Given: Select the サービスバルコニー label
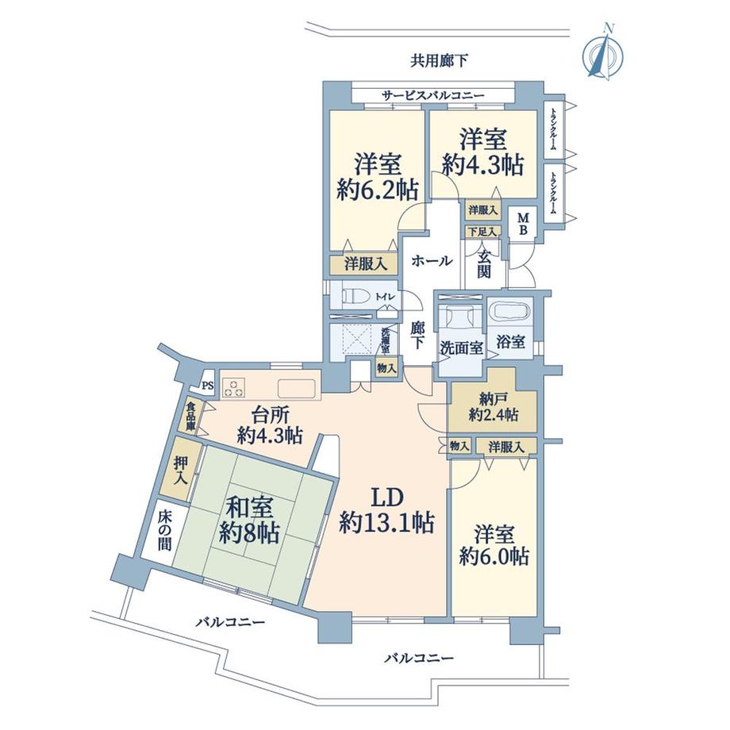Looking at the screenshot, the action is [432, 96].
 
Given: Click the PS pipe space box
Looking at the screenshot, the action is [207, 386].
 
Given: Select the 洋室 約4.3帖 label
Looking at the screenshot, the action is [482, 152].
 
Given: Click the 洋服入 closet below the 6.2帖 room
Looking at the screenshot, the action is [364, 264].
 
